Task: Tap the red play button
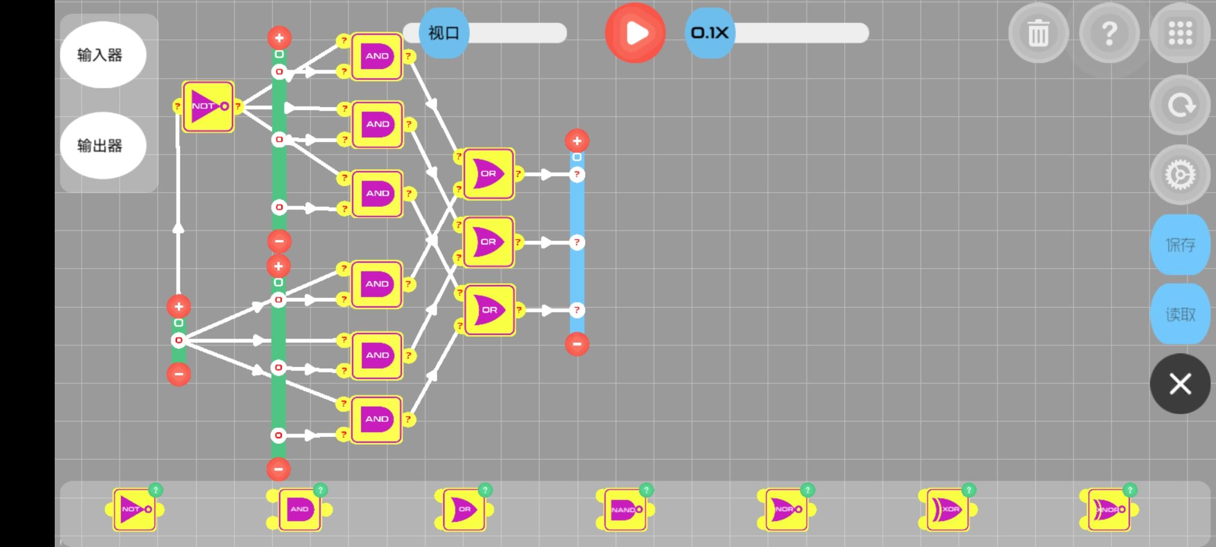635,33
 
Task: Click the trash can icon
1038,33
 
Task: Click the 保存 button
1180,245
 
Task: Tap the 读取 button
1180,315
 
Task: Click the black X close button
1180,384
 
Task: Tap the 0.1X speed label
709,33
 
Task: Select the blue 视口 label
444,33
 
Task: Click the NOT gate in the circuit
208,106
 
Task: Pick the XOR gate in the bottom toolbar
947,509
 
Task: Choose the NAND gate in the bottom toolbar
625,509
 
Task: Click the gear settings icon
1180,175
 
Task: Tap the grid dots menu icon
1180,33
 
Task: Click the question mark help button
1109,33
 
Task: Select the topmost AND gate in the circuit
377,56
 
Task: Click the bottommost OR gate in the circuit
489,310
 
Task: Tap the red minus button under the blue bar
577,344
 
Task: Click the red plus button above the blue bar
577,141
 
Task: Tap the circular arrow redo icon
1180,105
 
